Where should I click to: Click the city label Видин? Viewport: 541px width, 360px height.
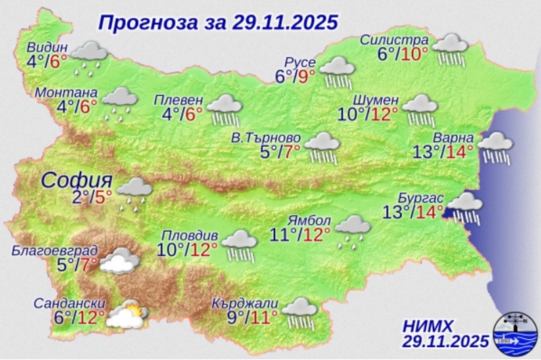48,47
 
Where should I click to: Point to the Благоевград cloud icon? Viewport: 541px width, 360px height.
120,261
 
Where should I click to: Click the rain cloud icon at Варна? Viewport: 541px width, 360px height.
496,148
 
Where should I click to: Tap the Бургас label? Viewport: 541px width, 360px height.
425,197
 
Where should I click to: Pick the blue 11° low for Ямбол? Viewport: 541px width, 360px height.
285,235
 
